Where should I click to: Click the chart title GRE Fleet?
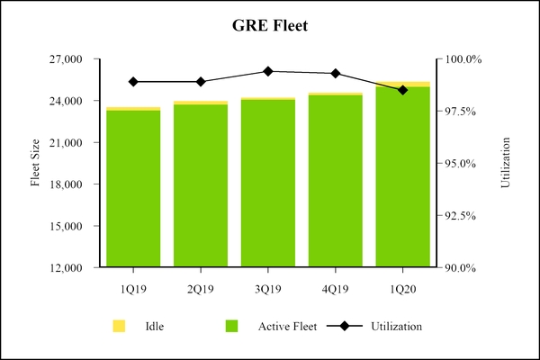[269, 26]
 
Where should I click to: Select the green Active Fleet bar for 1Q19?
[133, 189]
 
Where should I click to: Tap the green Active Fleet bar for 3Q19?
[268, 184]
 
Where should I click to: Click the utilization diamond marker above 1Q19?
[133, 82]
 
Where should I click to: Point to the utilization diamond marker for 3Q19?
[268, 71]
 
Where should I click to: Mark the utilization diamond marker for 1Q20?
[402, 90]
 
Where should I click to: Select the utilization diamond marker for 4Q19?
[336, 74]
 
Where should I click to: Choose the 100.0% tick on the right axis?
[464, 59]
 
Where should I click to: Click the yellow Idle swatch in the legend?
[118, 325]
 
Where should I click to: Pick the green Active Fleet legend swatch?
[232, 325]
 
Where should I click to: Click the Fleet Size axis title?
[36, 164]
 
